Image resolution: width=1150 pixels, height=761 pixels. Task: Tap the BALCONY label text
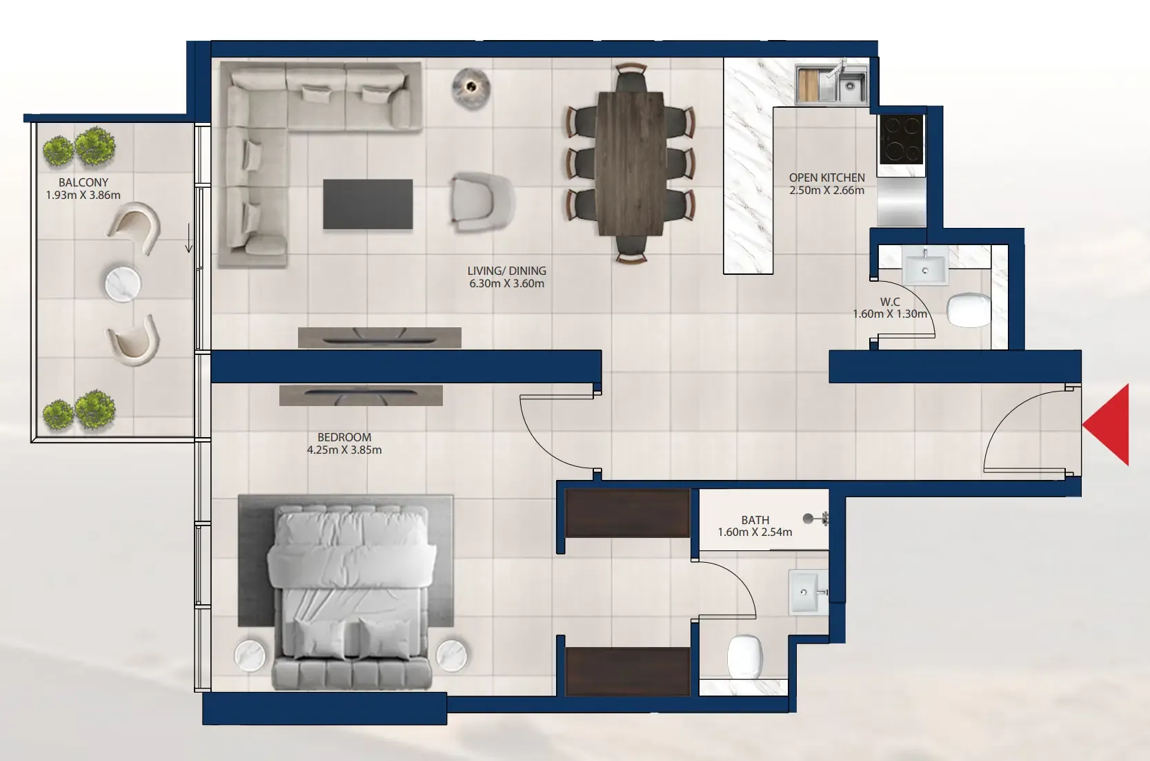(x=83, y=182)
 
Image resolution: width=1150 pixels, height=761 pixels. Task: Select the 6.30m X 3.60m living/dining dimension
(x=507, y=284)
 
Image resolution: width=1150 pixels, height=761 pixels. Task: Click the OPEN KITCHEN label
(x=826, y=177)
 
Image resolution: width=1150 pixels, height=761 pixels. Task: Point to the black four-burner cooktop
(x=902, y=139)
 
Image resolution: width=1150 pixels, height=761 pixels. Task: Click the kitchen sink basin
(x=850, y=86)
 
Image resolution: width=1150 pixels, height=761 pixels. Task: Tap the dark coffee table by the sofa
(x=368, y=204)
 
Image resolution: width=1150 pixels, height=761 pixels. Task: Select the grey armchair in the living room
(x=482, y=202)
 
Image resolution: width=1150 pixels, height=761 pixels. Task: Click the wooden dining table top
(x=631, y=163)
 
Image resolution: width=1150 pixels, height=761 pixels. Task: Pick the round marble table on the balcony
(x=123, y=284)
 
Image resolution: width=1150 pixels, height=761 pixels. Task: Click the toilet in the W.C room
(x=969, y=310)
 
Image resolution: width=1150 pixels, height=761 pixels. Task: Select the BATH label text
(x=755, y=520)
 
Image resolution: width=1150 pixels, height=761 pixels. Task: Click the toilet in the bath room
(x=745, y=657)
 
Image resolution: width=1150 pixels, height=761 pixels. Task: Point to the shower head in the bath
(x=815, y=519)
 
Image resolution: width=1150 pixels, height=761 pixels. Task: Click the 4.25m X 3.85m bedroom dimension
(x=344, y=450)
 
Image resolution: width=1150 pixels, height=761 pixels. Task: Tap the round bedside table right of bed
(x=452, y=655)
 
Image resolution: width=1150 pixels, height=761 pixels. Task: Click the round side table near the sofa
(x=470, y=88)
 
